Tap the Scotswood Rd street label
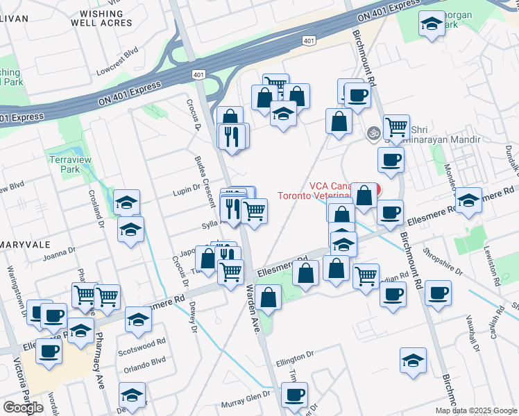(142, 342)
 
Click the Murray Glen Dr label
(246, 404)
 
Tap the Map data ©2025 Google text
(475, 410)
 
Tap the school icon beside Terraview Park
(127, 202)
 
